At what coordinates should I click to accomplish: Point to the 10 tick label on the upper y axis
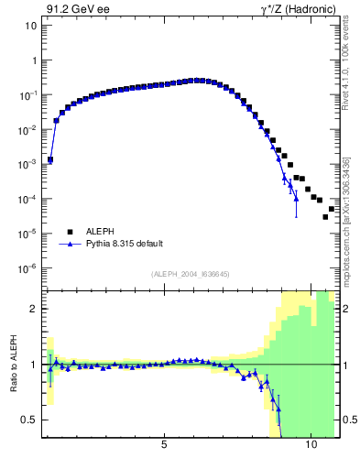[30, 26]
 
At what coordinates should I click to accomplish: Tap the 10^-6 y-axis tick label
[28, 268]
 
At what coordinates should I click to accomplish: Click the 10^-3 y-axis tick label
[28, 165]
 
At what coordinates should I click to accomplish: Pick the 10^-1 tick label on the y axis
[28, 95]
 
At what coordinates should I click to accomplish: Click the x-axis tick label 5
[164, 445]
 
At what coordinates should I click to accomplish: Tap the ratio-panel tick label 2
[33, 309]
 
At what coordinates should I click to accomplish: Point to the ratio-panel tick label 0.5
[29, 420]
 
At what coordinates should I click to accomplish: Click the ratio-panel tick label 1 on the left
[33, 365]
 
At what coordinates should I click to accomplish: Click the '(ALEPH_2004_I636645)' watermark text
[190, 273]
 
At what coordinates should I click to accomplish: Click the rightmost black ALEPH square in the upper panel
[332, 209]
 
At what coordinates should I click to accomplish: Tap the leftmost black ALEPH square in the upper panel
[50, 159]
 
